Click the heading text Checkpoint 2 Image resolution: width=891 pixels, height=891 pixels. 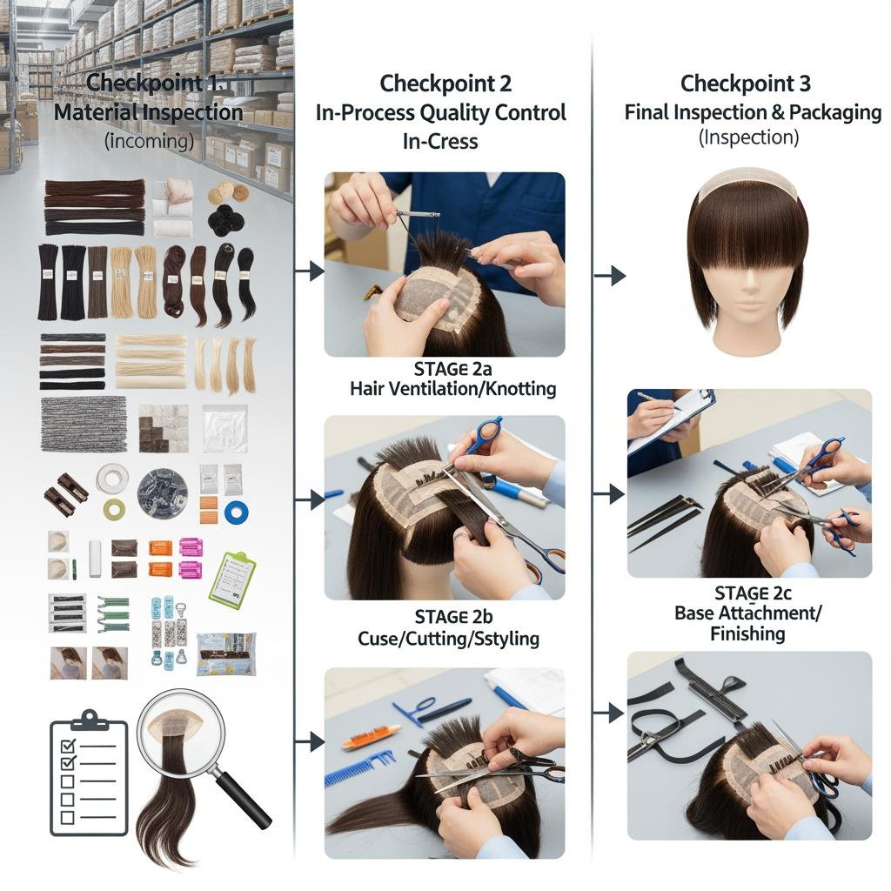coord(445,84)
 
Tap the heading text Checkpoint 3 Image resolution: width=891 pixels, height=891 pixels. coord(746,84)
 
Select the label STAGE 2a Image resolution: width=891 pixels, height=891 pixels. coord(452,369)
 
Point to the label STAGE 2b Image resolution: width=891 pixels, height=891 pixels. coord(452,617)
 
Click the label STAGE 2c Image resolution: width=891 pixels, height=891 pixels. coord(753,593)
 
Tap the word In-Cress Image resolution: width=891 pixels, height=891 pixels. coord(440,142)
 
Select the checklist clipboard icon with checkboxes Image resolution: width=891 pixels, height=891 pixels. coord(89,774)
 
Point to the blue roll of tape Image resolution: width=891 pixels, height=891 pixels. coord(237,512)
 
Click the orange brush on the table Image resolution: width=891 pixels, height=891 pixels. coord(371,739)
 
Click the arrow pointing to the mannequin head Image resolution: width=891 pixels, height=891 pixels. coord(610,276)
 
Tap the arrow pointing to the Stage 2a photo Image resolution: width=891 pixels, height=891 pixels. coord(310,271)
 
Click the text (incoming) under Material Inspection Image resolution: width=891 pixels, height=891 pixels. coord(149,140)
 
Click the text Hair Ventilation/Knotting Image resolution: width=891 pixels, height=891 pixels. coord(452,389)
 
